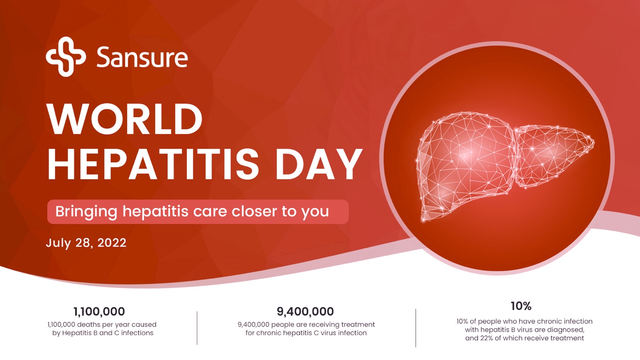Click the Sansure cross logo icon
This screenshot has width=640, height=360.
click(x=66, y=56)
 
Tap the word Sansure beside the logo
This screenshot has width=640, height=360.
click(x=142, y=57)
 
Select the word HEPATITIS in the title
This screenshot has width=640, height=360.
click(x=153, y=164)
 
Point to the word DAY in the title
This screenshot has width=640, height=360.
click(x=318, y=164)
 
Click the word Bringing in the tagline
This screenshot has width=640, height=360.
click(x=86, y=212)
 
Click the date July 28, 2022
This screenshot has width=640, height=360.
click(x=86, y=243)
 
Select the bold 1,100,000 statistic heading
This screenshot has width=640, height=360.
click(x=99, y=311)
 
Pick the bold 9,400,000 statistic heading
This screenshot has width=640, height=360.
click(x=305, y=311)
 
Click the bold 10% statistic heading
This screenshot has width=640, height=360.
click(x=521, y=306)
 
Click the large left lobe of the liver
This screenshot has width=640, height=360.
click(x=466, y=166)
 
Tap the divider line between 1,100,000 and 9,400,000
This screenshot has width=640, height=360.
click(x=197, y=328)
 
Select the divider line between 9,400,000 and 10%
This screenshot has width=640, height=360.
click(x=416, y=328)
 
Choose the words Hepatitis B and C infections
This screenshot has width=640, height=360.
click(x=108, y=333)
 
